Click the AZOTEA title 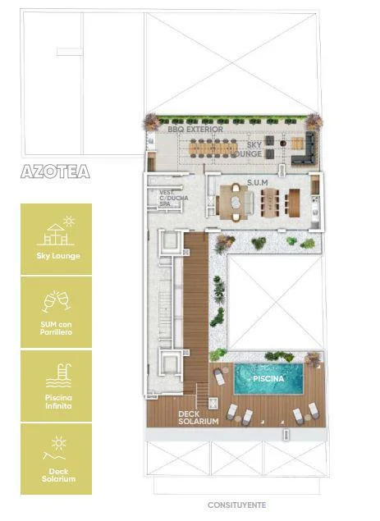coord(55,171)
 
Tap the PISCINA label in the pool coord(268,378)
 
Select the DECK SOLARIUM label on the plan coord(198,418)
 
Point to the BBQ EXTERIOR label coord(195,130)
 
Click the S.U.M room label coord(258,183)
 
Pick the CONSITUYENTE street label coord(236,505)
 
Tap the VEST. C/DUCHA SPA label coord(173,198)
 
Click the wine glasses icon coord(56,302)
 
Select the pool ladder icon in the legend coord(59,376)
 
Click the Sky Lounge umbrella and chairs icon coord(56,231)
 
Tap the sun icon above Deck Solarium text coord(59,443)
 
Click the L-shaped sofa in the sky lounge coord(304,149)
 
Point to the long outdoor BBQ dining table coord(213,147)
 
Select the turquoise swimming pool coord(268,378)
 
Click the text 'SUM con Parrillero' coord(56,328)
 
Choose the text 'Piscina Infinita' coord(58,402)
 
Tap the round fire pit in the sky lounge coord(283,144)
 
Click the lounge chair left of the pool coord(219,377)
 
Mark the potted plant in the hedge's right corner coord(314,121)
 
